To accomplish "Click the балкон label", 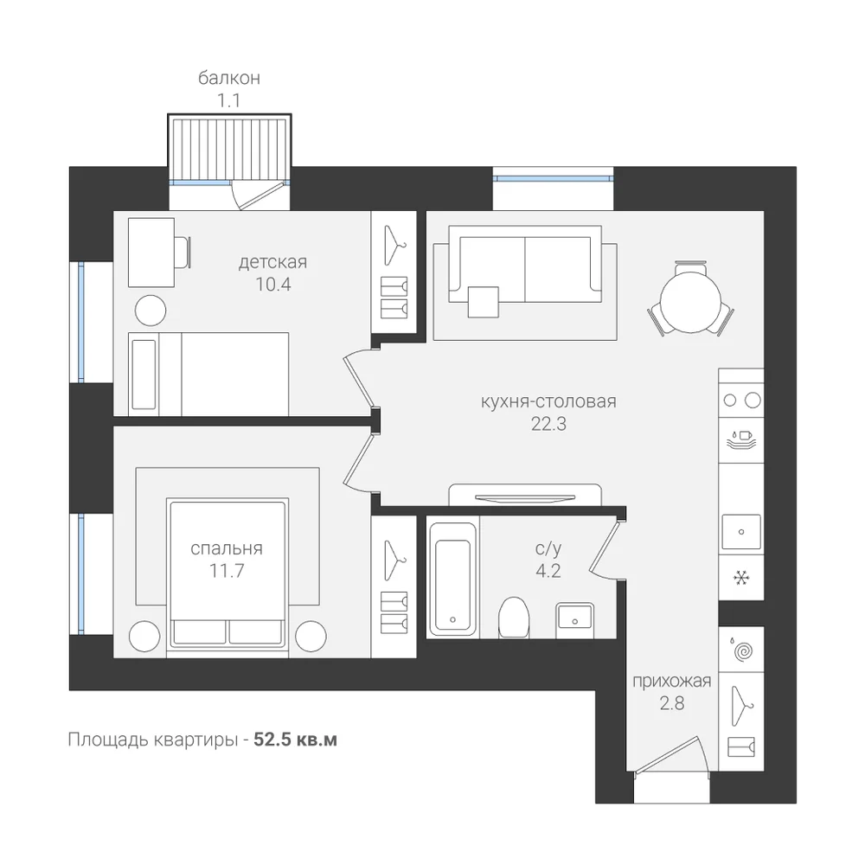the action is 229,79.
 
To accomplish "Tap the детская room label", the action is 272,262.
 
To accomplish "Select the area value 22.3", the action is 548,424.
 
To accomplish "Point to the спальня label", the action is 226,548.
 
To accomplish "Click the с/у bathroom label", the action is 548,548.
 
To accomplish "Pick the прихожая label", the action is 671,682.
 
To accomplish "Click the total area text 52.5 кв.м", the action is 295,740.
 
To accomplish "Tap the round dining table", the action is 690,303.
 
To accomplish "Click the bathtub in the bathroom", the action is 452,579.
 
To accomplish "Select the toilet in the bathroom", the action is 514,618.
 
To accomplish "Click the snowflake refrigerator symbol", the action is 741,578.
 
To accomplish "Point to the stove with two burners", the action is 741,400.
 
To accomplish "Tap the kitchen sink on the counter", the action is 741,532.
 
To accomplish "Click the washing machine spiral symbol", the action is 742,651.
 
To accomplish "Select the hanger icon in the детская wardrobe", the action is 394,245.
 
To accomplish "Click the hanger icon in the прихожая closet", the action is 742,706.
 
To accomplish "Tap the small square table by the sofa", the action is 484,302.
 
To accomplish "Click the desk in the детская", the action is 151,252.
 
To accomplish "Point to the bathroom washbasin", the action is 575,616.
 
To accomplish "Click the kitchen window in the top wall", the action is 553,178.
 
